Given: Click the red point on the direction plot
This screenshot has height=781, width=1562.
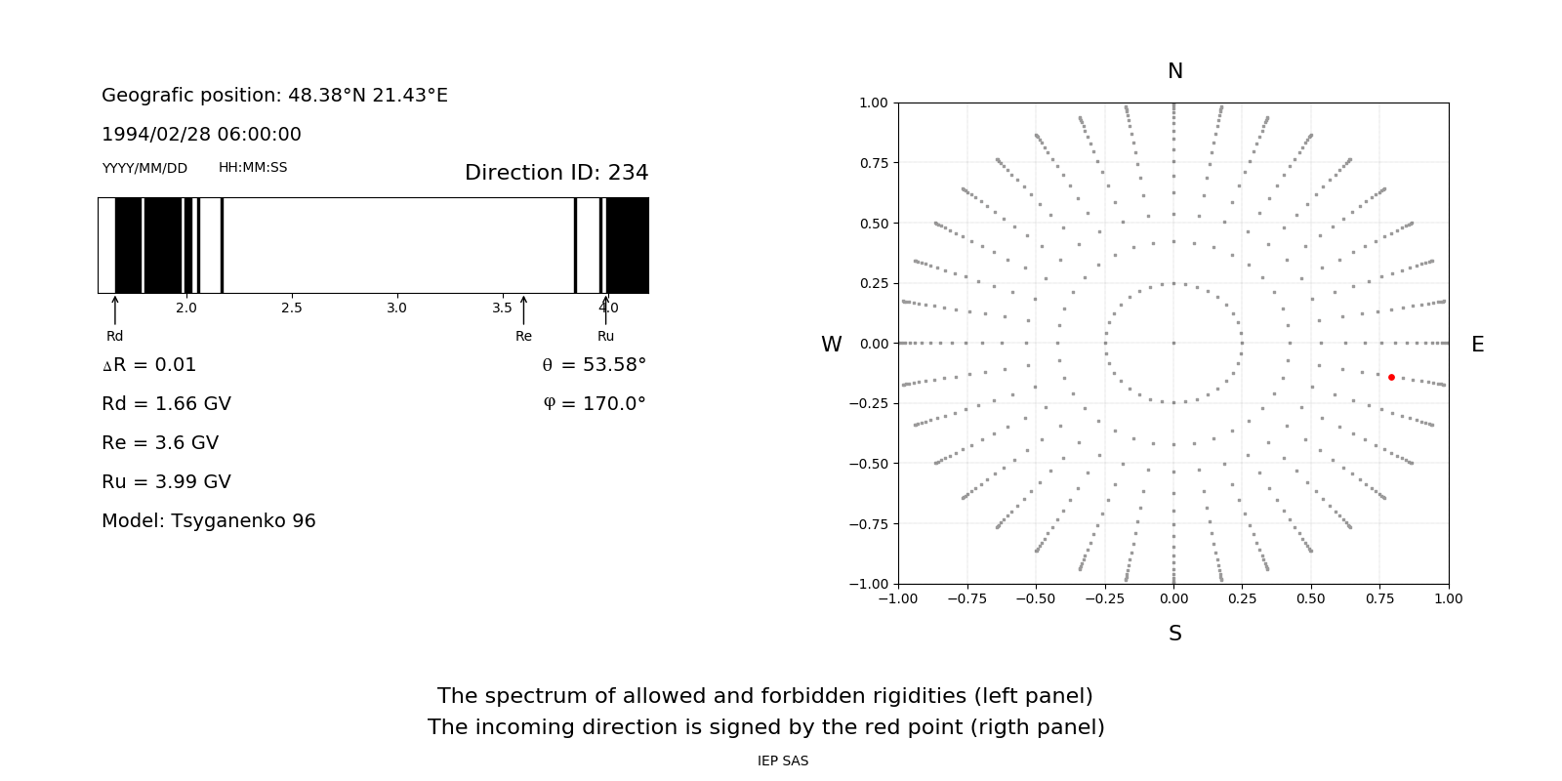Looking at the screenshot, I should point(1391,377).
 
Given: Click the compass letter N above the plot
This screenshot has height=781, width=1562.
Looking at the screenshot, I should point(1174,71).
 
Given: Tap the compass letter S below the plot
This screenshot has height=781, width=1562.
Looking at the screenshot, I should point(1174,634).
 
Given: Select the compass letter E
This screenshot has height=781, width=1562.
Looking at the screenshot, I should point(1477,345).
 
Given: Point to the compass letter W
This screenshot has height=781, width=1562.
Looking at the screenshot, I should point(831,345).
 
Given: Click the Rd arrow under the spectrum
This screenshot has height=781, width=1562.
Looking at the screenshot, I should point(115,310).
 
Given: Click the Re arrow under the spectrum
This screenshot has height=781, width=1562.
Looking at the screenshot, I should point(523,310).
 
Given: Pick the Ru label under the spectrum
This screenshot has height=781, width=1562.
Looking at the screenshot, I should point(605,337).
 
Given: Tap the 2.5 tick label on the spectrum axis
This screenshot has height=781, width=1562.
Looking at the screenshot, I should point(291,308).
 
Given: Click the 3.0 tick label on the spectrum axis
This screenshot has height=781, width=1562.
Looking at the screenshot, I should point(396,308).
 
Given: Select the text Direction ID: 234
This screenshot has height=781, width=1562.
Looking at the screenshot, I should point(556,173).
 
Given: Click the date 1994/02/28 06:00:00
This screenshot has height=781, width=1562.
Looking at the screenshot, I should point(201,135).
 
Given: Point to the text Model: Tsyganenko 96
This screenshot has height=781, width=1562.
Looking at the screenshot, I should point(209,521).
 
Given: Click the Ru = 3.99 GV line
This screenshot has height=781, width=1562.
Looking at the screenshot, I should point(166,482).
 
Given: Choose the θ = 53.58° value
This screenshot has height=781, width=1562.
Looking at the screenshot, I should point(594,365).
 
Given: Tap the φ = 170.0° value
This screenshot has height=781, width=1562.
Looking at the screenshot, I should point(594,404).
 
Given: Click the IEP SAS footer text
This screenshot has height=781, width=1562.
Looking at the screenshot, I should point(782,761).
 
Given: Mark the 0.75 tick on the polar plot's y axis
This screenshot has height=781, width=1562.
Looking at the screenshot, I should point(873,163).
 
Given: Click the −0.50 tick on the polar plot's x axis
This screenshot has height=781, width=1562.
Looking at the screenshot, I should point(1035,599).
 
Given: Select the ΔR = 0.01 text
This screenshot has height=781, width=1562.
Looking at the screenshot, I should point(149,365).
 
